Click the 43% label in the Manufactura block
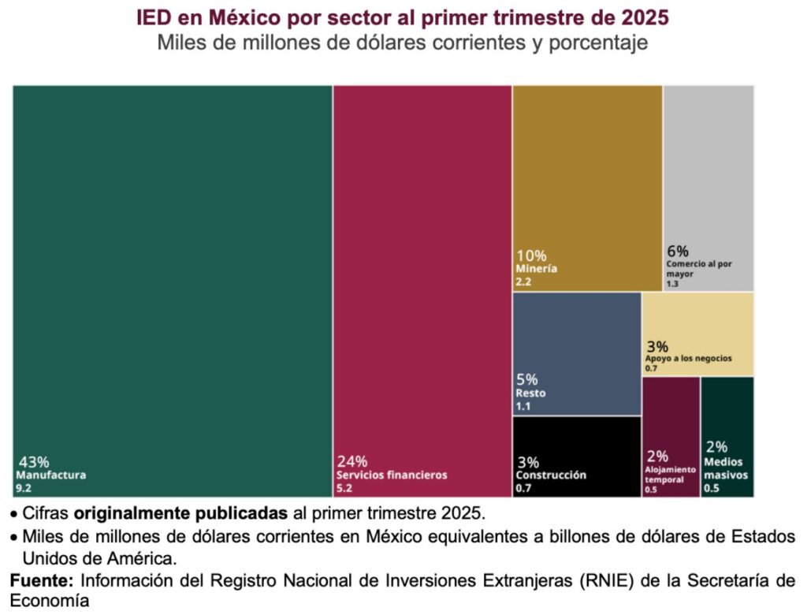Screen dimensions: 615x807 click(x=33, y=462)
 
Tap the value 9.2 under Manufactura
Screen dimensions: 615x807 click(x=23, y=489)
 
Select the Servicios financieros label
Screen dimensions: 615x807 click(x=392, y=475)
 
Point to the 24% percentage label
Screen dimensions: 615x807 click(x=352, y=462)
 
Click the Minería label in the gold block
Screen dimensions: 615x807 click(x=537, y=268)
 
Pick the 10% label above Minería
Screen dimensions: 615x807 click(x=531, y=255)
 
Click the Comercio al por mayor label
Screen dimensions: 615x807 click(x=698, y=269)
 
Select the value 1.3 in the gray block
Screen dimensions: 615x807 click(x=673, y=284)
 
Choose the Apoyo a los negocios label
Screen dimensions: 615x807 click(x=688, y=358)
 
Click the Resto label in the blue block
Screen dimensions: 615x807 click(x=530, y=393)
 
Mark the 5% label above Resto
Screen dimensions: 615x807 click(x=527, y=379)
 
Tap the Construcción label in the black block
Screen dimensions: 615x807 click(x=551, y=475)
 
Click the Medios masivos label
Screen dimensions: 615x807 click(x=726, y=469)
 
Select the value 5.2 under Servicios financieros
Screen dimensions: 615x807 click(x=344, y=489)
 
